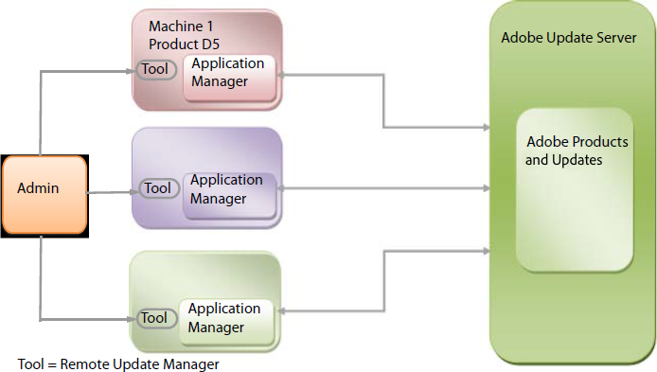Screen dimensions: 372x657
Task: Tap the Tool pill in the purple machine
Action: (x=158, y=188)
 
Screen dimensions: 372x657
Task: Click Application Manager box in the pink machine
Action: (x=228, y=73)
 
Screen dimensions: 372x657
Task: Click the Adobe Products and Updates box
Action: (x=574, y=188)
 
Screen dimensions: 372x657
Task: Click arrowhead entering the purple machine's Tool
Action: (x=136, y=189)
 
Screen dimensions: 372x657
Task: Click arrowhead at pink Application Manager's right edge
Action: (x=281, y=75)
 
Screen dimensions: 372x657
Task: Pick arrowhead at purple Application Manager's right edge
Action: (x=282, y=188)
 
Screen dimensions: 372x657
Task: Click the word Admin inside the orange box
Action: (x=38, y=188)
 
